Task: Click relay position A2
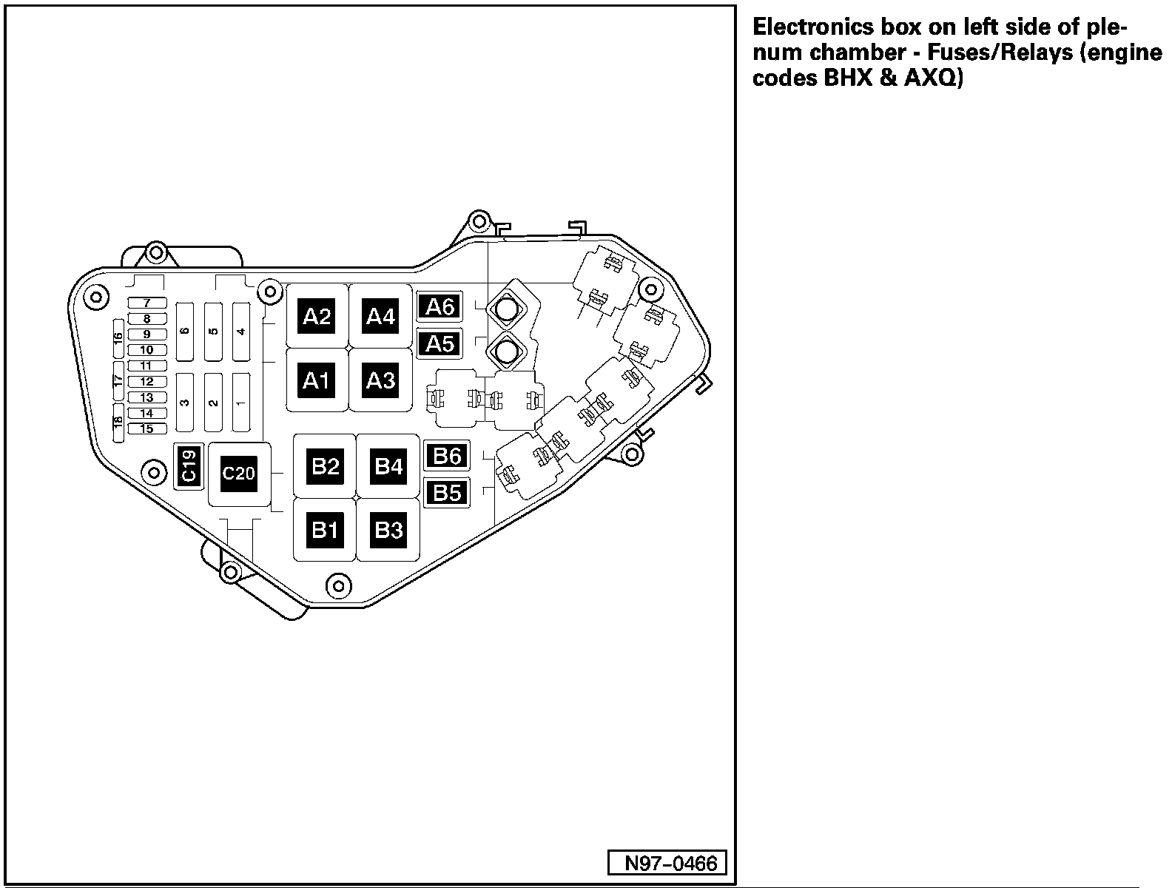pos(317,317)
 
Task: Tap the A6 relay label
pos(439,306)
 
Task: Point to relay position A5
pos(439,343)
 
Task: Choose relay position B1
pos(325,530)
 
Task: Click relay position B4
pos(388,466)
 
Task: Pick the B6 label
pos(447,456)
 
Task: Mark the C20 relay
pos(238,474)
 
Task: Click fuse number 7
pos(147,303)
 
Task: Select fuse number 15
pos(147,428)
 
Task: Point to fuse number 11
pos(147,366)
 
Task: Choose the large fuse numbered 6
pos(184,331)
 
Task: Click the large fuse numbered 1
pos(240,403)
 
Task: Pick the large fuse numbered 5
pos(213,331)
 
